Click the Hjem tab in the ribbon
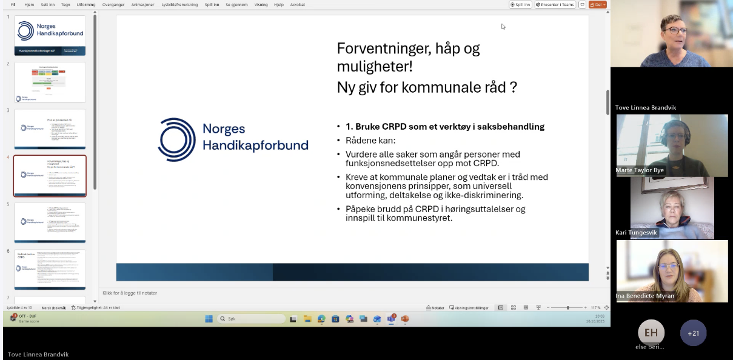coord(29,4)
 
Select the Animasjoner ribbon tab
coord(143,4)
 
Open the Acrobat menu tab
coord(298,4)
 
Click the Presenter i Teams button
coord(555,4)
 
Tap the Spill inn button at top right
coord(520,4)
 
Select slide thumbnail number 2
coord(50,82)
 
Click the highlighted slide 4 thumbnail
coord(50,176)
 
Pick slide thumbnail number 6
coord(50,269)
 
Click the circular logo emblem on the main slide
coord(176,139)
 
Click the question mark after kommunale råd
coord(513,87)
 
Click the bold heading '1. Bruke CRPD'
coord(444,127)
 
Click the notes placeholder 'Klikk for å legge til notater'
coord(130,293)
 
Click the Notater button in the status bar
coord(436,307)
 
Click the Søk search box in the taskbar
coord(251,319)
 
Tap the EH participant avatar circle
coord(651,333)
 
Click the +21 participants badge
coord(693,333)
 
